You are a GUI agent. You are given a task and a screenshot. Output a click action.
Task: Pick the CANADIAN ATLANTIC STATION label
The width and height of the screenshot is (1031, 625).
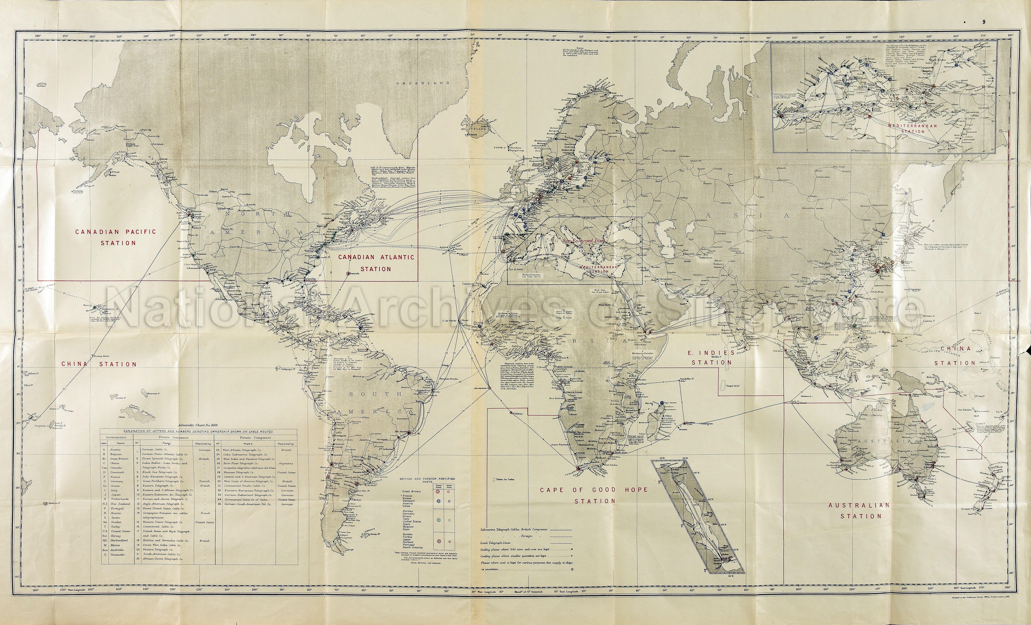(x=376, y=263)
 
